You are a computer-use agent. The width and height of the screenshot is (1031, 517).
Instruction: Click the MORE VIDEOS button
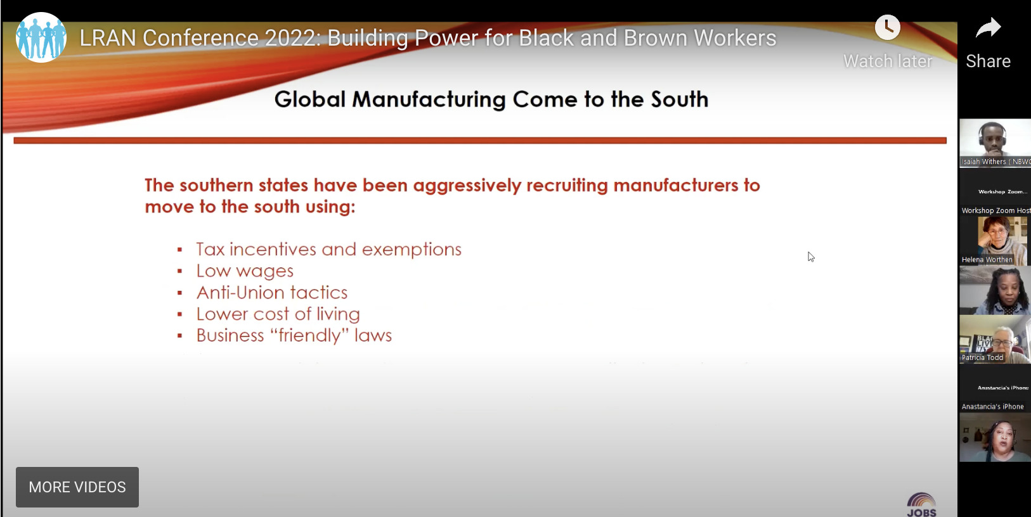(77, 487)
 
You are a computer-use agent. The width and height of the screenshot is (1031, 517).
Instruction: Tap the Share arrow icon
(988, 29)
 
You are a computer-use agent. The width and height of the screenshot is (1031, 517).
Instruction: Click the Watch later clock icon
(887, 28)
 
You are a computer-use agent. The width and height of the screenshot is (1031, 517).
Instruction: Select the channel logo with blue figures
(41, 38)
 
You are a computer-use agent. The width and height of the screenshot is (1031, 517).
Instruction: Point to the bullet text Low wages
(245, 271)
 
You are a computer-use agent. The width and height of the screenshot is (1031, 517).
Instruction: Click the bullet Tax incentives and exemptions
(328, 250)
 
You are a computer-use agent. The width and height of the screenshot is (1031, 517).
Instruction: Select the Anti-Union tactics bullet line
(272, 293)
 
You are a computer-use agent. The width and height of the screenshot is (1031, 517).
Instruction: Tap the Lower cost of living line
(278, 314)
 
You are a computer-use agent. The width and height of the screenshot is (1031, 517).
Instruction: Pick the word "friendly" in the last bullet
(309, 336)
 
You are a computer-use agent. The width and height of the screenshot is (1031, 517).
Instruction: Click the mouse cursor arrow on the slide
(811, 257)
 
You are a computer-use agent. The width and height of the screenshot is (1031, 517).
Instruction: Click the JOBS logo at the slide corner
(921, 505)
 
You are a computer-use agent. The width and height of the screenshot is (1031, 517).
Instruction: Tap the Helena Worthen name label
(987, 260)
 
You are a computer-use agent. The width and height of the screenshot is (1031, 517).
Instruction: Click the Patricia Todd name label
(982, 358)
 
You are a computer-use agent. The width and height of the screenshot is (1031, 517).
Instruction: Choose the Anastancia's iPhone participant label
(992, 407)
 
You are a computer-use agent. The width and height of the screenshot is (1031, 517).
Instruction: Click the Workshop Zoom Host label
(995, 210)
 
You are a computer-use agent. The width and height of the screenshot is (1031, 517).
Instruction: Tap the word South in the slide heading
(679, 99)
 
